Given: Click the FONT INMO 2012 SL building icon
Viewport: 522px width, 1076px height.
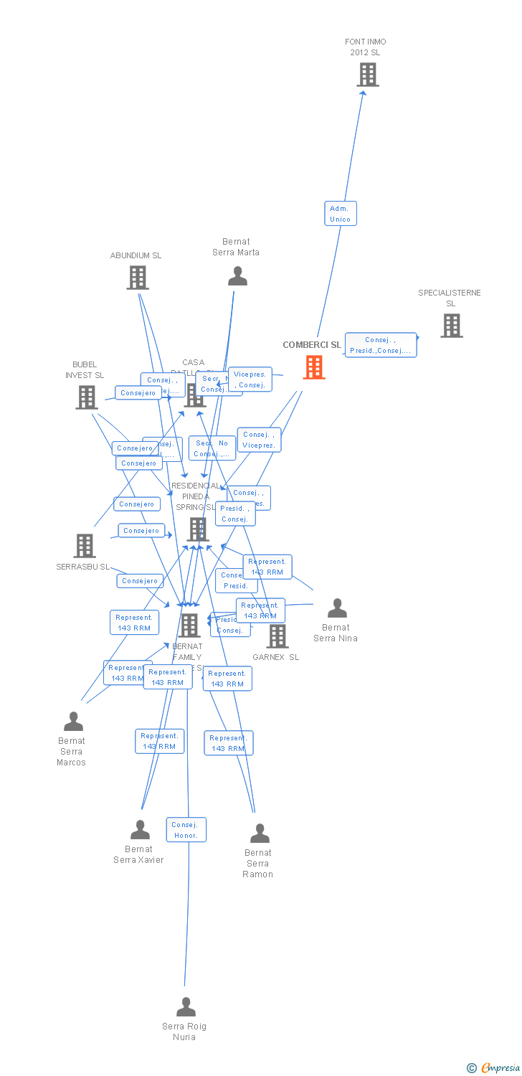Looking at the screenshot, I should [367, 75].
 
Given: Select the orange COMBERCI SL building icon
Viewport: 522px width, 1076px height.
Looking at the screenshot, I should [313, 367].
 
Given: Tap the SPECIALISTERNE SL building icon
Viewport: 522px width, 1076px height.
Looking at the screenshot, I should [451, 326].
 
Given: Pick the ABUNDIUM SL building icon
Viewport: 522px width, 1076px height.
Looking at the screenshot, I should [137, 278].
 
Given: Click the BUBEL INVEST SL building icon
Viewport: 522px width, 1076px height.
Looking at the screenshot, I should [86, 397].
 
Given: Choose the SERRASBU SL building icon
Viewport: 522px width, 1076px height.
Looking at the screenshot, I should [85, 546].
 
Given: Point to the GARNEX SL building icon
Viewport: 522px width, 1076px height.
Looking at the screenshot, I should [277, 636].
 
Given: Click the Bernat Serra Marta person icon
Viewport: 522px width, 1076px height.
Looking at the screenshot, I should [237, 276].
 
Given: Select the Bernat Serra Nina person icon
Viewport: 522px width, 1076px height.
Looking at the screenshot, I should [337, 608].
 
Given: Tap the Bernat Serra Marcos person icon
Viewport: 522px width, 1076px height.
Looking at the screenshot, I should [73, 722].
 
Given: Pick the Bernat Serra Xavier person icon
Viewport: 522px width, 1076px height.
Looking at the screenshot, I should [140, 830].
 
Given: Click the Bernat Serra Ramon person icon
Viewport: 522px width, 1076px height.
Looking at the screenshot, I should [259, 834].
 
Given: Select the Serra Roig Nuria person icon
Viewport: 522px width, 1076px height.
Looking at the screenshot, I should [186, 1007].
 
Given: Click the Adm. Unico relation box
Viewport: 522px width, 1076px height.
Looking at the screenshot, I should [341, 214].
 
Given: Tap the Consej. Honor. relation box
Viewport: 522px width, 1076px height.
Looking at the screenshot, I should [186, 830].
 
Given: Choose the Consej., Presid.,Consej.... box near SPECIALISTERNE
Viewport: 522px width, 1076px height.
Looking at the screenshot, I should [381, 345].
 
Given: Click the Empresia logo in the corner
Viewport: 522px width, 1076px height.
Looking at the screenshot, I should [494, 1068].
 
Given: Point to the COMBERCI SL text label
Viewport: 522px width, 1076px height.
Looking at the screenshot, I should [312, 345].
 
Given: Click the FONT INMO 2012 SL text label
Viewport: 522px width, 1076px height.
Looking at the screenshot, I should [366, 47].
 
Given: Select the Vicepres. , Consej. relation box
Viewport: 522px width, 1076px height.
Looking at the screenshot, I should [250, 379].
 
